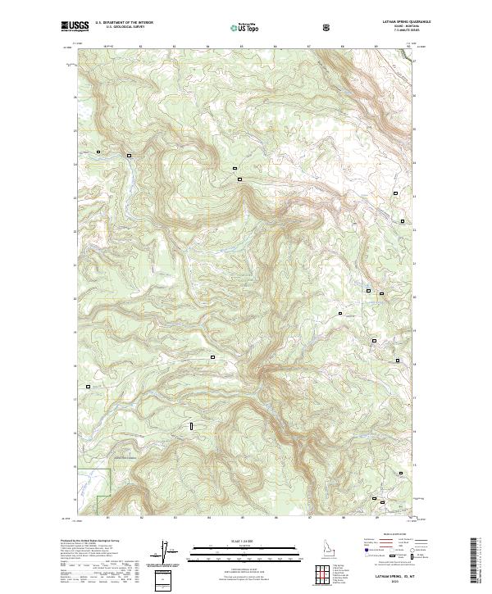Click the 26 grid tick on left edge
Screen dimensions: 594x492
pos(75,97)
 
